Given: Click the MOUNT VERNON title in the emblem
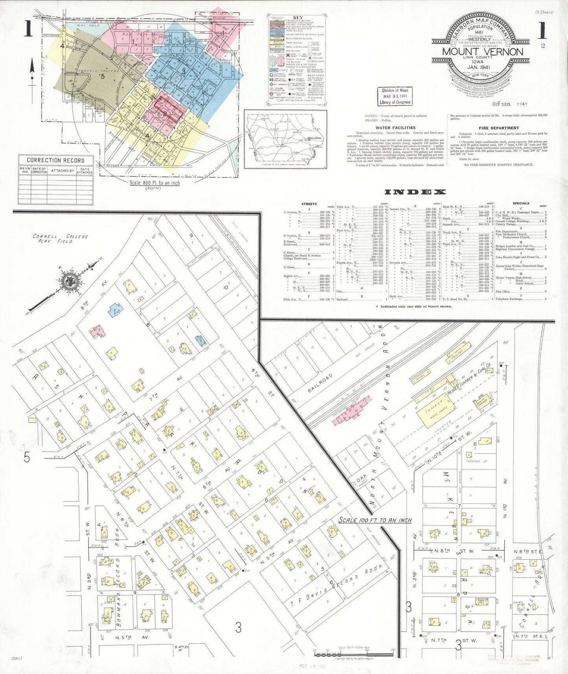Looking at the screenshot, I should pyautogui.click(x=482, y=52).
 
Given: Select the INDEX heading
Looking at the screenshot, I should pyautogui.click(x=415, y=192).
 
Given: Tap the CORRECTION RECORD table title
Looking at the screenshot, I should pyautogui.click(x=55, y=160).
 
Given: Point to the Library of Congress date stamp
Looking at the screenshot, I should pyautogui.click(x=395, y=96).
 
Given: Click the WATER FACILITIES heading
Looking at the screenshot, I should pyautogui.click(x=395, y=128).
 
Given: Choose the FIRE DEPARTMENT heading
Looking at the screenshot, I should pyautogui.click(x=498, y=128).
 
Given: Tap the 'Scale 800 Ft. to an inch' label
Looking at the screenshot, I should pyautogui.click(x=154, y=183).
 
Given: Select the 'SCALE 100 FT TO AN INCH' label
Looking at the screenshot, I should pyautogui.click(x=375, y=520).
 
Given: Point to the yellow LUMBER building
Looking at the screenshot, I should pyautogui.click(x=434, y=410).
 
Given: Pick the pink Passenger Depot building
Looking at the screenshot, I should pyautogui.click(x=353, y=413).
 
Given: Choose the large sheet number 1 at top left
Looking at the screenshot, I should pyautogui.click(x=28, y=29).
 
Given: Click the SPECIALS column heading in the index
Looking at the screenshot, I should pyautogui.click(x=521, y=203).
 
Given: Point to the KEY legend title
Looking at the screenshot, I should pyautogui.click(x=298, y=18).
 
